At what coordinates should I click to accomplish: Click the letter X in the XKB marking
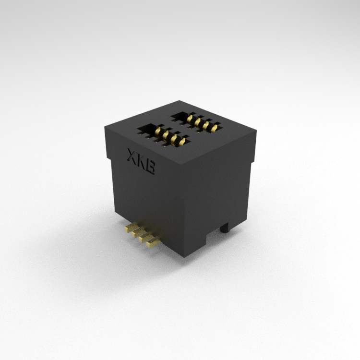tap(132, 156)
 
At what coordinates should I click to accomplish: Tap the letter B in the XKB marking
tap(150, 167)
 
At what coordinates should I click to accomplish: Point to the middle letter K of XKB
tap(141, 161)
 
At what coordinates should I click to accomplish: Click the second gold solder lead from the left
tap(139, 232)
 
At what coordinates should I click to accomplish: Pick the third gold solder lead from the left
tap(146, 238)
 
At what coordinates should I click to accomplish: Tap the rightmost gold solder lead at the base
tap(154, 243)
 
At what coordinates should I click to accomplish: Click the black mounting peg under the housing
tap(225, 228)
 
